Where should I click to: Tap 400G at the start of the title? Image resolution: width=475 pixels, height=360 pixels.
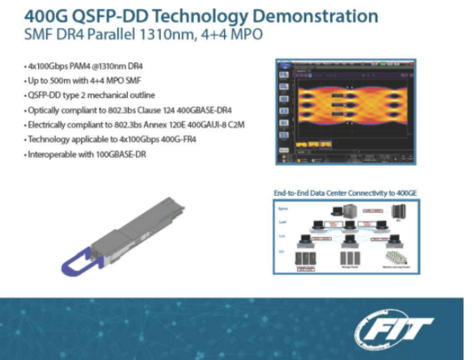coord(49,16)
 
